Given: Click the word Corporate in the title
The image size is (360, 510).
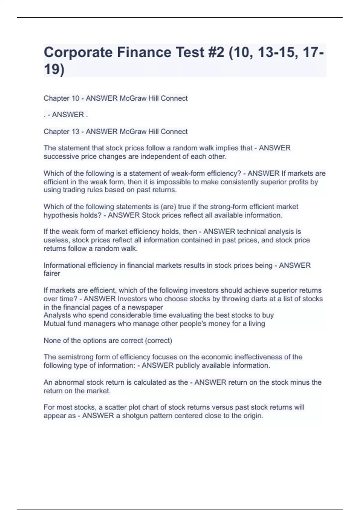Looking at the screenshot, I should pos(78,52).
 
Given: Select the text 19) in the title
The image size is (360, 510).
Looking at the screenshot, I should pos(54,69).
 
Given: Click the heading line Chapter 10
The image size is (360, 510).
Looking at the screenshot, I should pos(115,98).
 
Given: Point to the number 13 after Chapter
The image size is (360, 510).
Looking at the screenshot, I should pos(75,132).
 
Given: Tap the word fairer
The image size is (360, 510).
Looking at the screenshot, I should pos(52,274).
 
